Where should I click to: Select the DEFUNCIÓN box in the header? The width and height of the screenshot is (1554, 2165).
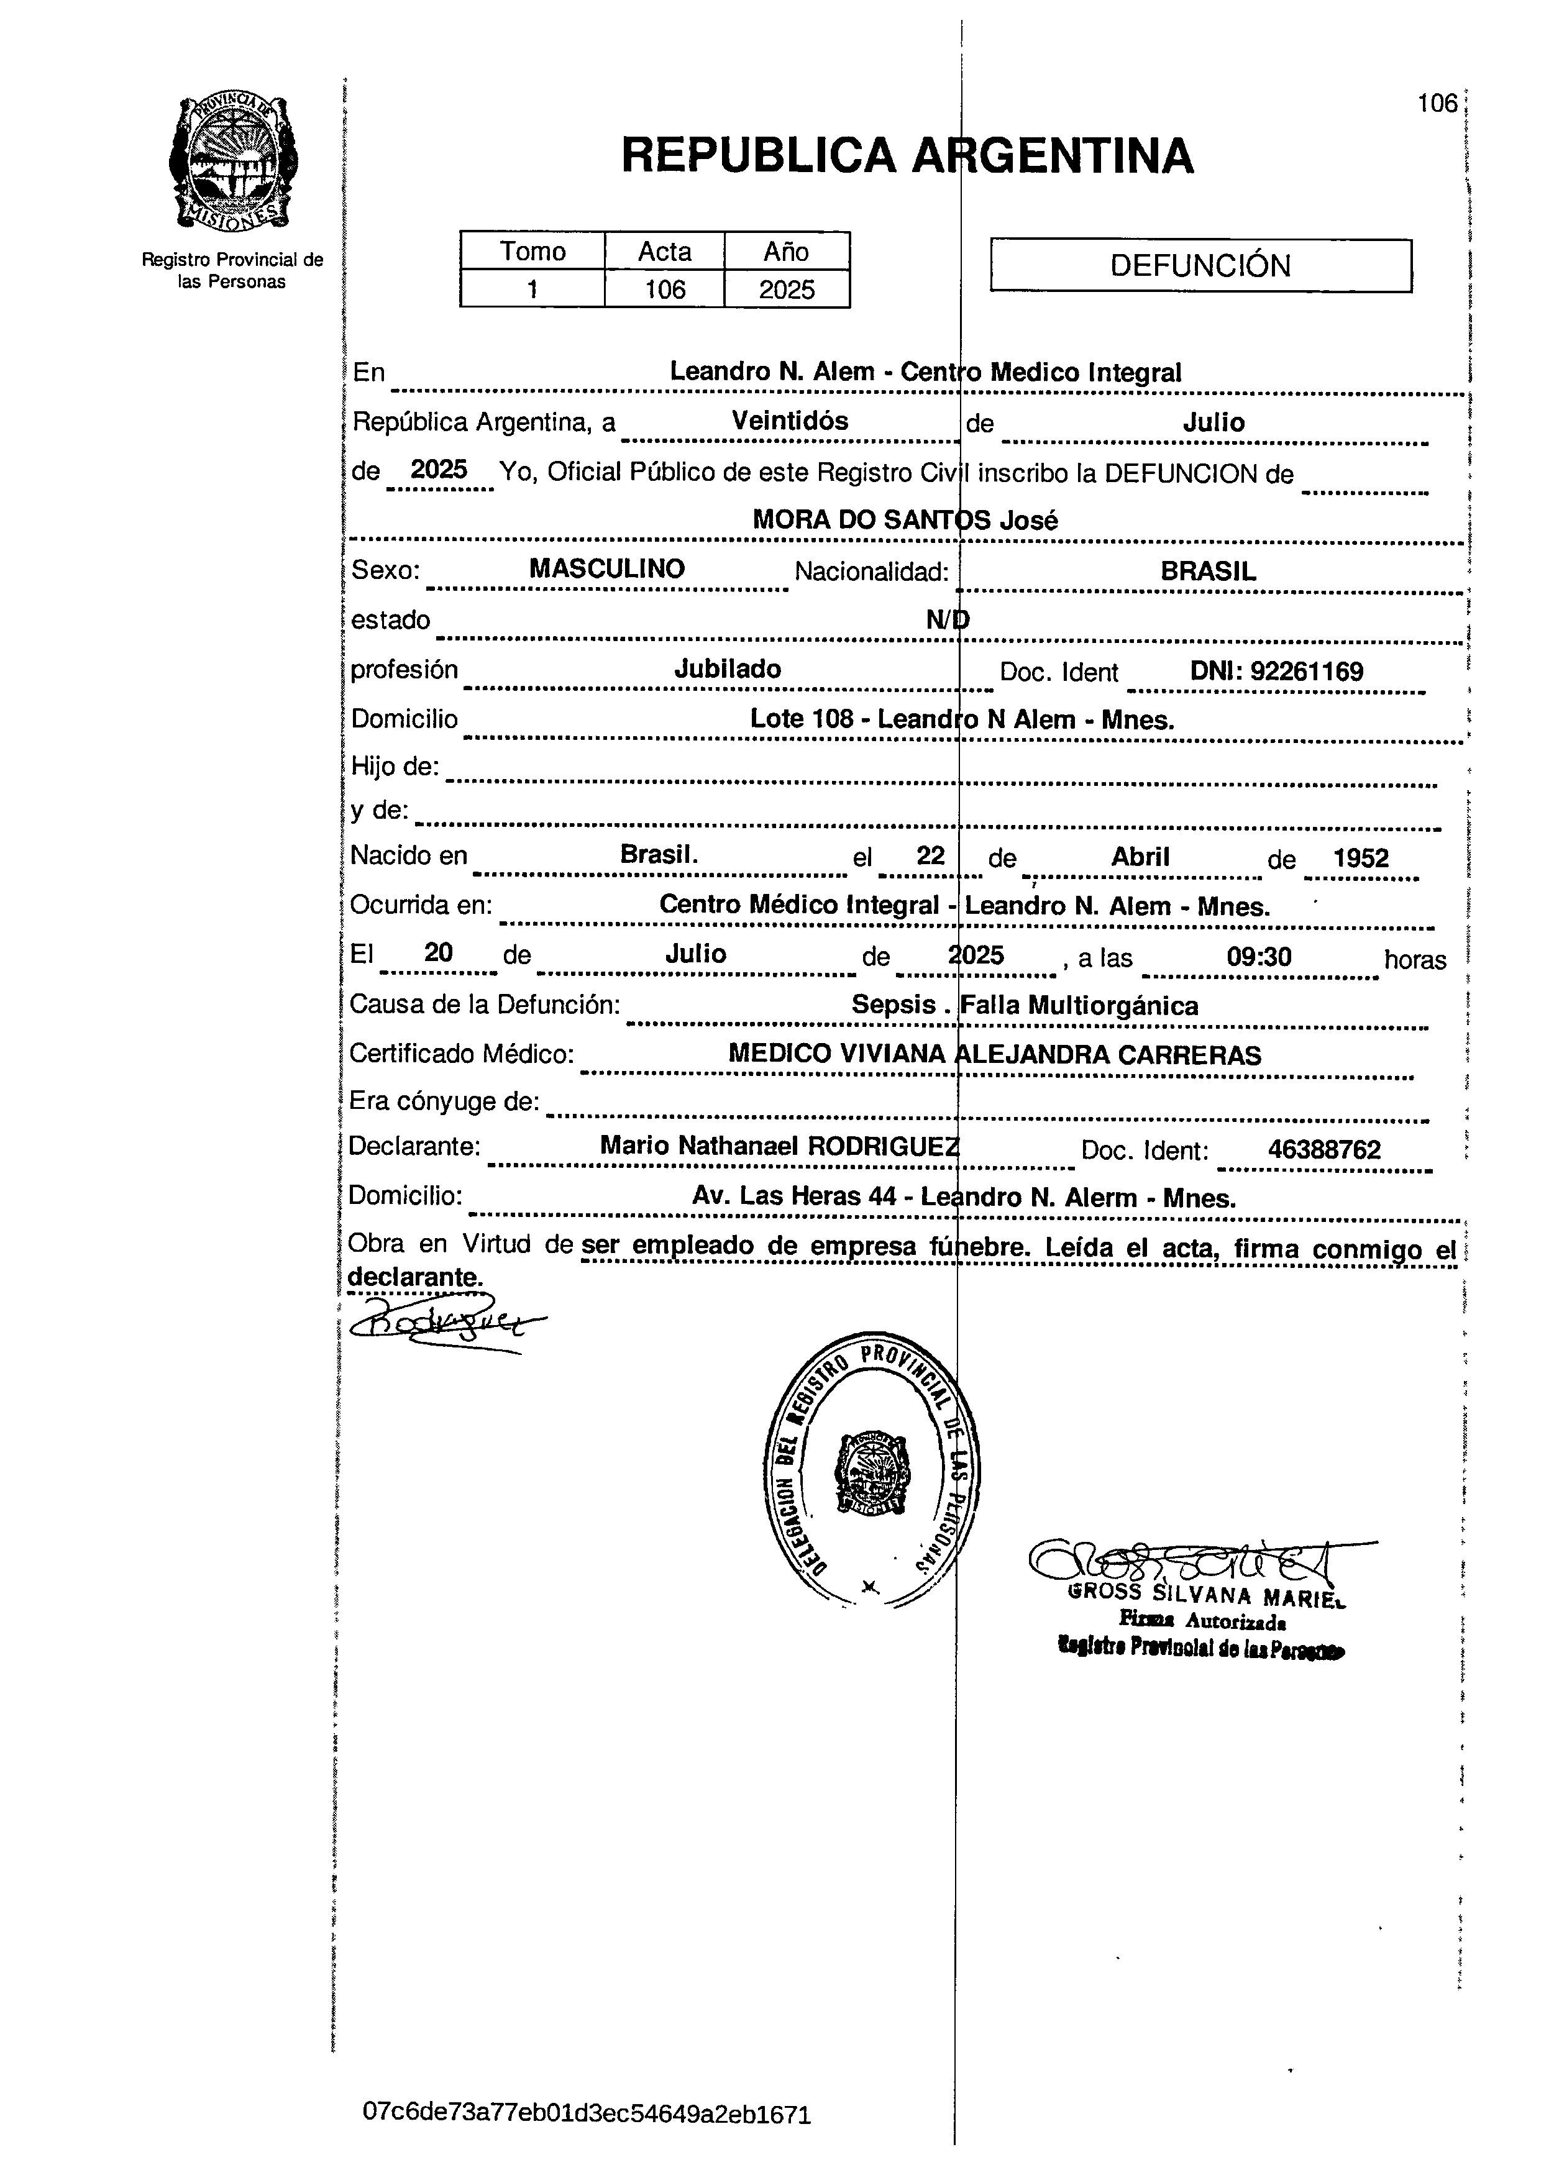1200,265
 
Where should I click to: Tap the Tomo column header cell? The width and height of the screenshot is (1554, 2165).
532,251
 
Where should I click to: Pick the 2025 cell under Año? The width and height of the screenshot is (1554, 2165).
787,289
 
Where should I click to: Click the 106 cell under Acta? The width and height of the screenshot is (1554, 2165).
664,289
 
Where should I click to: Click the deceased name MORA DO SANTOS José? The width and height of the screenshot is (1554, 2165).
904,520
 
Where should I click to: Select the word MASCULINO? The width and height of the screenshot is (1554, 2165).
607,569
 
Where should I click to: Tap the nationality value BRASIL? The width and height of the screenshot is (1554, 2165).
1207,571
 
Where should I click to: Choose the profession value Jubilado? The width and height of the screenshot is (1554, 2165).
728,669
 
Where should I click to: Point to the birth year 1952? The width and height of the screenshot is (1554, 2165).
1360,858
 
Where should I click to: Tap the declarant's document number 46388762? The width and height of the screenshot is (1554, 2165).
1324,1149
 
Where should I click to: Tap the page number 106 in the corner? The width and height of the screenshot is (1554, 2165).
1437,103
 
